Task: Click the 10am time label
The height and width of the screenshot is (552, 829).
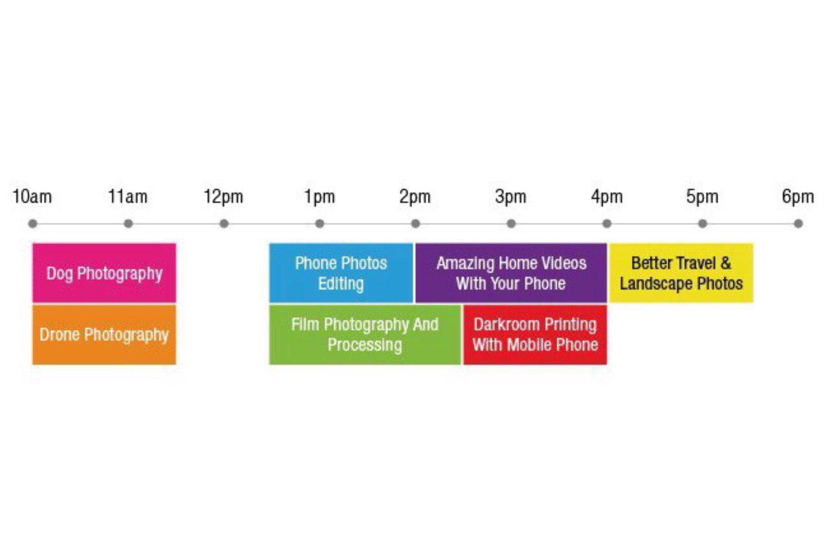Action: click(32, 197)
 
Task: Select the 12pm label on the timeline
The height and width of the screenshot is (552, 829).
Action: click(223, 197)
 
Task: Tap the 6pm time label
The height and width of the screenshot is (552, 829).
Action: click(798, 197)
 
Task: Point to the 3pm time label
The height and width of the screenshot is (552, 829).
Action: click(511, 197)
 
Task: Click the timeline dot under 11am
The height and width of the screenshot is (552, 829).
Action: click(128, 224)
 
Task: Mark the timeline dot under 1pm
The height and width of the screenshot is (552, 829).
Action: click(320, 224)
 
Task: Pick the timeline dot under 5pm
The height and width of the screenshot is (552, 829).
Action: click(703, 224)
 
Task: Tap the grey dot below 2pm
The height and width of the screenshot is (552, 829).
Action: click(416, 224)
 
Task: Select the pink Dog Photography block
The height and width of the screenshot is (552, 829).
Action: click(104, 273)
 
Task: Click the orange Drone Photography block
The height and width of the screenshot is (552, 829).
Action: click(104, 335)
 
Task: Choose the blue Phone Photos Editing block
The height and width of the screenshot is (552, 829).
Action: click(341, 273)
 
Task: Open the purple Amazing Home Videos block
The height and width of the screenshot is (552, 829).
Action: click(511, 273)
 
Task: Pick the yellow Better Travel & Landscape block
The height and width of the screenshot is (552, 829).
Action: click(681, 273)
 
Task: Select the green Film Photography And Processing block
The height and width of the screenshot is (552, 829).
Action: click(365, 335)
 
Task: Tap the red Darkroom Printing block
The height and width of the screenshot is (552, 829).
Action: click(535, 335)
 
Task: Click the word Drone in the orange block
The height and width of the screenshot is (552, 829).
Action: click(60, 335)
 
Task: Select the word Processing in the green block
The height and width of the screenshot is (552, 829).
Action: click(365, 346)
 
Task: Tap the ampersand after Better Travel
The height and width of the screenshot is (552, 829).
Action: click(725, 263)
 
